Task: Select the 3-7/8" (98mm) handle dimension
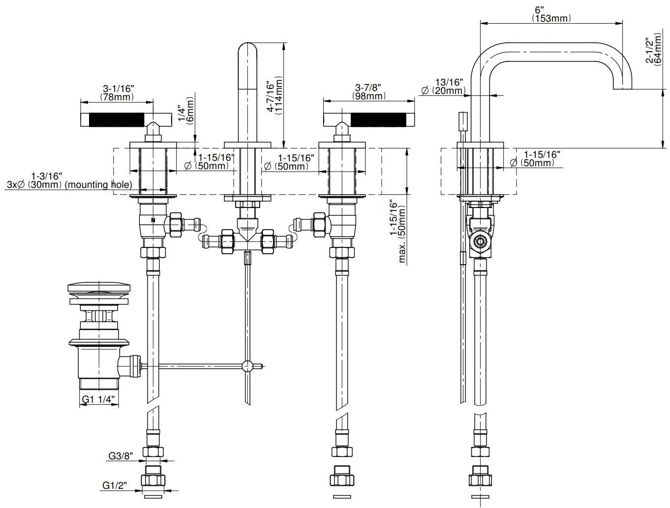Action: (368, 92)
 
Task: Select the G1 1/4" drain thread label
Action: (99, 400)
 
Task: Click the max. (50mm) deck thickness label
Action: (397, 231)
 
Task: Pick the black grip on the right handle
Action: (379, 119)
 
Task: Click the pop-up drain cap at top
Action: (99, 287)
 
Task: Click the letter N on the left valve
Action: (153, 220)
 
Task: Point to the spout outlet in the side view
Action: (622, 89)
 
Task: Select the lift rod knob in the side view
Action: (462, 121)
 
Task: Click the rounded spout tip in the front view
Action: (247, 50)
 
